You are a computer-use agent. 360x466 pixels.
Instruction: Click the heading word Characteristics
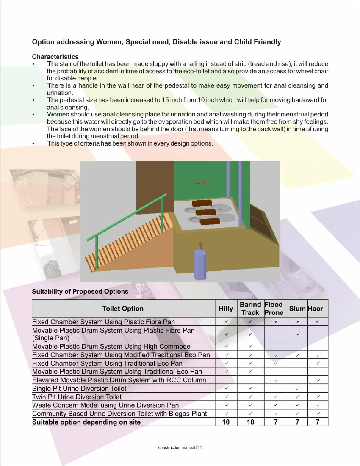pyautogui.click(x=55, y=57)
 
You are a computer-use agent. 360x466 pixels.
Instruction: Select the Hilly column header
pyautogui.click(x=225, y=309)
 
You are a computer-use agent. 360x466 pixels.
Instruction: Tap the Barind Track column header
pyautogui.click(x=250, y=309)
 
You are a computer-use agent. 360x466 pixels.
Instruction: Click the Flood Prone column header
pyautogui.click(x=274, y=309)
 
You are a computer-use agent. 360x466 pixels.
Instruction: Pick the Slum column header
pyautogui.click(x=297, y=309)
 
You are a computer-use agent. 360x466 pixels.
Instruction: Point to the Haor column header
pyautogui.click(x=316, y=309)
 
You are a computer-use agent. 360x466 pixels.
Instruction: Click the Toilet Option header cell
pyautogui.click(x=123, y=309)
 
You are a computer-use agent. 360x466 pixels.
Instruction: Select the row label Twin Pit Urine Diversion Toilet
pyautogui.click(x=77, y=397)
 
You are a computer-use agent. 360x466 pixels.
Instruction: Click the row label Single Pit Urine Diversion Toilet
pyautogui.click(x=79, y=389)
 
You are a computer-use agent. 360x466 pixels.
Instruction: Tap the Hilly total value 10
pyautogui.click(x=226, y=422)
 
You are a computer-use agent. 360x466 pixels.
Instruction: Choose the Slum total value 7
pyautogui.click(x=298, y=422)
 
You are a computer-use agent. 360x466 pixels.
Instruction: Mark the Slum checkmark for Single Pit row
pyautogui.click(x=298, y=389)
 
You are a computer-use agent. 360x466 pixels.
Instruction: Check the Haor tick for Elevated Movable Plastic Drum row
pyautogui.click(x=318, y=380)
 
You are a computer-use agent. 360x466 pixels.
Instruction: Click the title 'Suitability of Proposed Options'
pyautogui.click(x=80, y=292)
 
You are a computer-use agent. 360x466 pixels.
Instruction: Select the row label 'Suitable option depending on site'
pyautogui.click(x=86, y=422)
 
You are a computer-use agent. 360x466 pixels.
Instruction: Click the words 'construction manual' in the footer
pyautogui.click(x=176, y=448)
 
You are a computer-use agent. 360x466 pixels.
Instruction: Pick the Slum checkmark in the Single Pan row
pyautogui.click(x=298, y=334)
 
